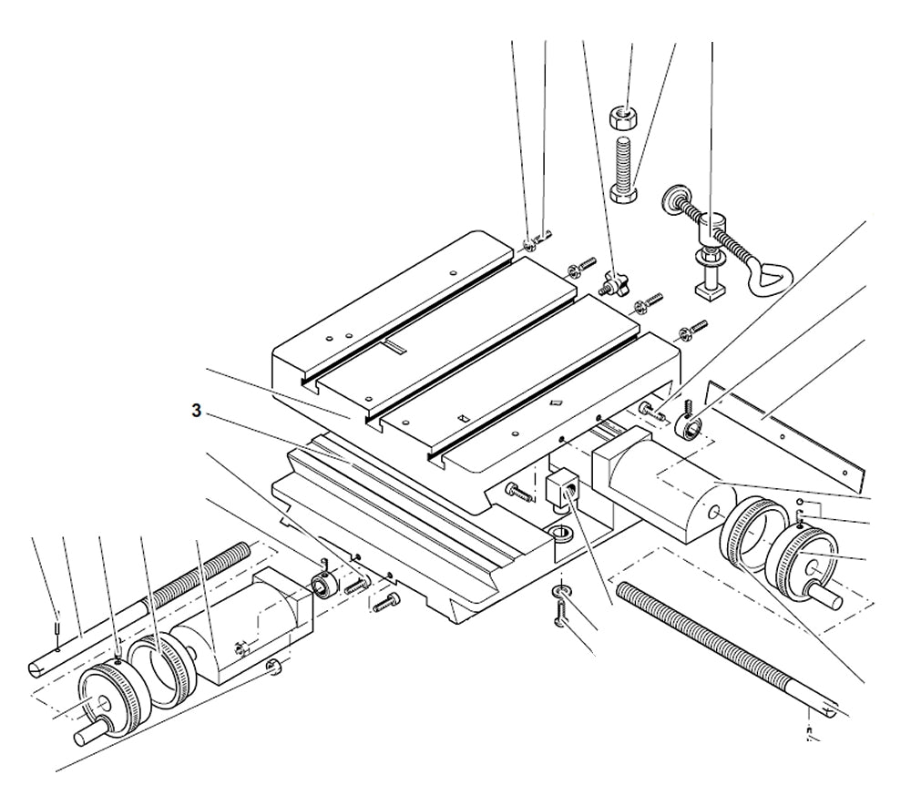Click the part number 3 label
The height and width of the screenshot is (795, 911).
tap(196, 411)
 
